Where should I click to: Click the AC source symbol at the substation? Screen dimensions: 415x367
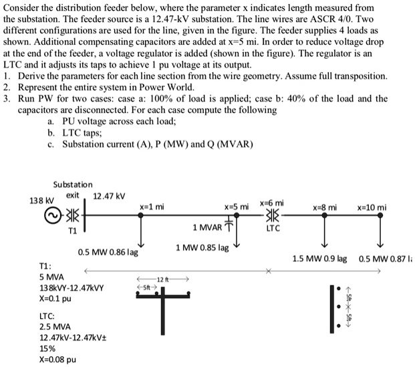pyautogui.click(x=51, y=217)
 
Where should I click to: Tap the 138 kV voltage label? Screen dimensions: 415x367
pyautogui.click(x=34, y=200)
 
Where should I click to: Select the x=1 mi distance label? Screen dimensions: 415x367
pyautogui.click(x=152, y=207)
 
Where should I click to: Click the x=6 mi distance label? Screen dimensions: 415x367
pyautogui.click(x=272, y=202)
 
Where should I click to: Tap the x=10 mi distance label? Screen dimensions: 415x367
pyautogui.click(x=372, y=207)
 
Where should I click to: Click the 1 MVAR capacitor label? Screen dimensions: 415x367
pyautogui.click(x=208, y=227)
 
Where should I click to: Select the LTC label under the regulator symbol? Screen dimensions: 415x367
pyautogui.click(x=273, y=229)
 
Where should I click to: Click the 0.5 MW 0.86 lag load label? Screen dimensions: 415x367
pyautogui.click(x=108, y=253)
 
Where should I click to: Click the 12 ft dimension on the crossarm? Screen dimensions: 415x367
pyautogui.click(x=163, y=278)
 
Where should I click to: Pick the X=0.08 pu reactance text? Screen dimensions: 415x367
pyautogui.click(x=58, y=359)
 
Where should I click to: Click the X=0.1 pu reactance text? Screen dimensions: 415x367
pyautogui.click(x=55, y=298)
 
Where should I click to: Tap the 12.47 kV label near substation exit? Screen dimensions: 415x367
pyautogui.click(x=110, y=196)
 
